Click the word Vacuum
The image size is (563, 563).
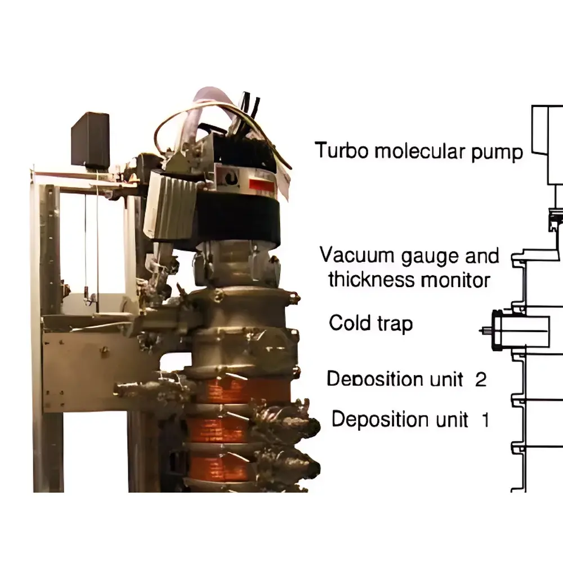(356, 255)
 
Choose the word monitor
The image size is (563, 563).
(457, 279)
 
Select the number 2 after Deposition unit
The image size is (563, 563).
(480, 379)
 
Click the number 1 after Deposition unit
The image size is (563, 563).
(485, 419)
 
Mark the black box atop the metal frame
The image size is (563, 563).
(90, 139)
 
